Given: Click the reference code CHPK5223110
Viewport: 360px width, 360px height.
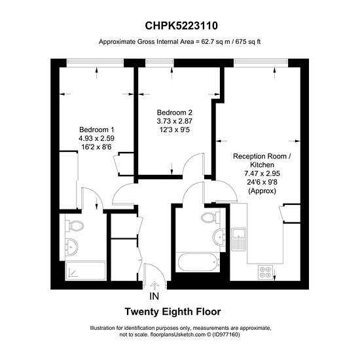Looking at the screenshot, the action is tap(181, 26).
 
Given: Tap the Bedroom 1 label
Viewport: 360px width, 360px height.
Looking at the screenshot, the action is tap(97, 130).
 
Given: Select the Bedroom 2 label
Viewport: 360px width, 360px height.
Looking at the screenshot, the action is tap(175, 113).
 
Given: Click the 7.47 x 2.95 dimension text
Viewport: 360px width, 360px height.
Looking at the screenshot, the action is tap(262, 173).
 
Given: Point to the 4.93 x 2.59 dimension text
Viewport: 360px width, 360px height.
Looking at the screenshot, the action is tap(96, 139).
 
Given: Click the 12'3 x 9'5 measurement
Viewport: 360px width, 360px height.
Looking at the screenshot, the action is tap(175, 130).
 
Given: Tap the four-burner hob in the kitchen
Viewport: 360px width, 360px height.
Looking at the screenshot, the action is tap(265, 272).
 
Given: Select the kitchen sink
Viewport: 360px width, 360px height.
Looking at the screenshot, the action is tap(238, 239).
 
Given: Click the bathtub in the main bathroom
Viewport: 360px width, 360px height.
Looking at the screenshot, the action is tap(198, 262).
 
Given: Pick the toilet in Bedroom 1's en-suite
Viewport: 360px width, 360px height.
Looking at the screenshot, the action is tap(74, 226).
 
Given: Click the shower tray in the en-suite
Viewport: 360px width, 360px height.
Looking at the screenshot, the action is tap(85, 270).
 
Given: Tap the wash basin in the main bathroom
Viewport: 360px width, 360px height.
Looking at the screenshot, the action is tap(219, 237).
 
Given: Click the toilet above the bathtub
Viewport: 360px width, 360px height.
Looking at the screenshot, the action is tap(211, 217).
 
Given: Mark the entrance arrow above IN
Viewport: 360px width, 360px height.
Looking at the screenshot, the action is tap(154, 285).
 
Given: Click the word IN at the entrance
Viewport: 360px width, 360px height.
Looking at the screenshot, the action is tap(154, 296).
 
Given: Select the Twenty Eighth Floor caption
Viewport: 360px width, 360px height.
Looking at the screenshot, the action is tap(173, 312).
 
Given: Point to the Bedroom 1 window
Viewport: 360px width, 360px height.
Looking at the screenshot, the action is tap(96, 61).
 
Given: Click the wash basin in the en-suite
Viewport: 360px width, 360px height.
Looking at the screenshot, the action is tap(71, 247).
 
